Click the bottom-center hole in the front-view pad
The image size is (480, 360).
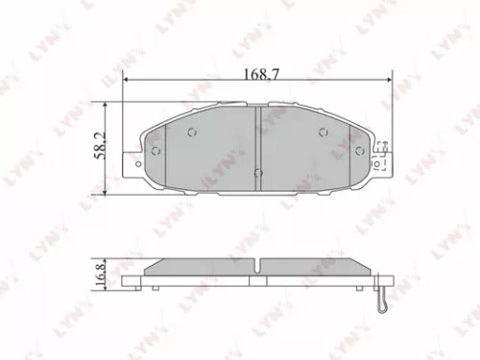pyautogui.click(x=256, y=173)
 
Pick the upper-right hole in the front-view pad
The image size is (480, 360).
pyautogui.click(x=323, y=132)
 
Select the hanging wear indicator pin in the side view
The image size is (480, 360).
pyautogui.click(x=382, y=299)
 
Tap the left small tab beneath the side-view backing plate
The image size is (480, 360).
pyautogui.click(x=152, y=286)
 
